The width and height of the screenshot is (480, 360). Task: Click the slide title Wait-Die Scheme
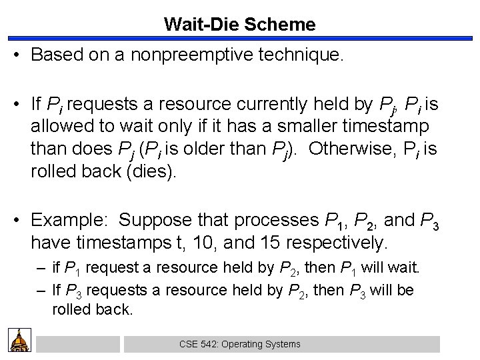click(x=240, y=25)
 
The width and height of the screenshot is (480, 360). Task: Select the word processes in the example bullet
click(x=277, y=219)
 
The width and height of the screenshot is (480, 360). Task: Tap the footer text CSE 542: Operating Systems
click(x=241, y=344)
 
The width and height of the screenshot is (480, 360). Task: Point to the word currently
click(x=269, y=104)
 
